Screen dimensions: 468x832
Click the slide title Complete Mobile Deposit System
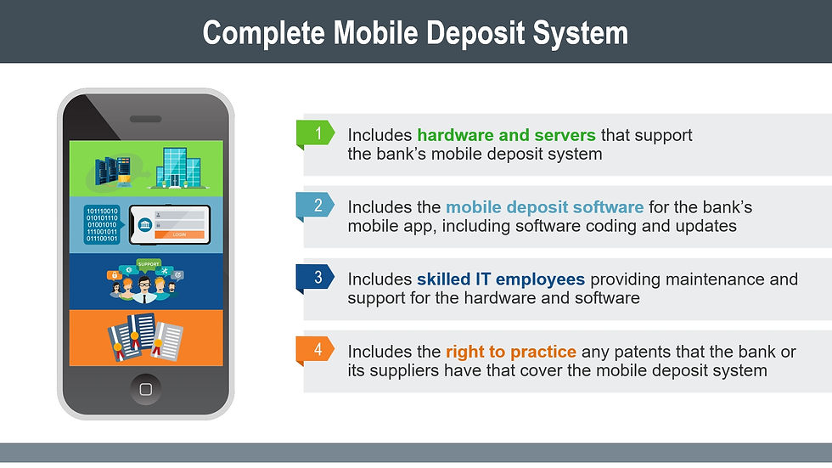point(415,32)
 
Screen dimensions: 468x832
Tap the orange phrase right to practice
point(511,352)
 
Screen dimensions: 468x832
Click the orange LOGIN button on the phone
point(179,234)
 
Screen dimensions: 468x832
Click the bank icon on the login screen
point(144,225)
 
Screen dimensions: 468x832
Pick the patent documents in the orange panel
point(144,337)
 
